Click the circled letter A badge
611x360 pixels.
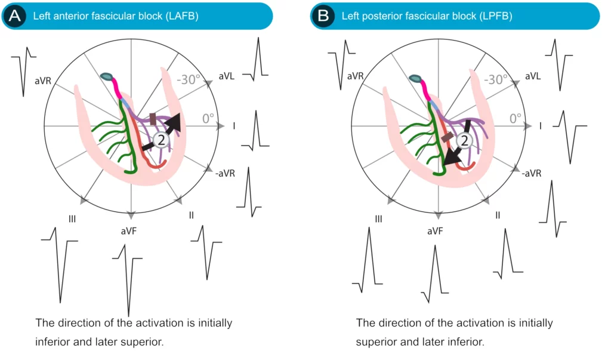click(x=14, y=16)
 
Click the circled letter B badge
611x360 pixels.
click(x=323, y=16)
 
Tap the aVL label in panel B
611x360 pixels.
click(x=532, y=76)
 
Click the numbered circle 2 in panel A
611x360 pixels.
click(x=161, y=140)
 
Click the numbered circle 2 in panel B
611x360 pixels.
click(x=465, y=141)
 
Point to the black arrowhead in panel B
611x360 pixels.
click(x=450, y=158)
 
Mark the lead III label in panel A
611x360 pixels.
click(x=72, y=219)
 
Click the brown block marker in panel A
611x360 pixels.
click(x=153, y=119)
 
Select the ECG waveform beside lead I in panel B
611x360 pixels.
click(x=570, y=135)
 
